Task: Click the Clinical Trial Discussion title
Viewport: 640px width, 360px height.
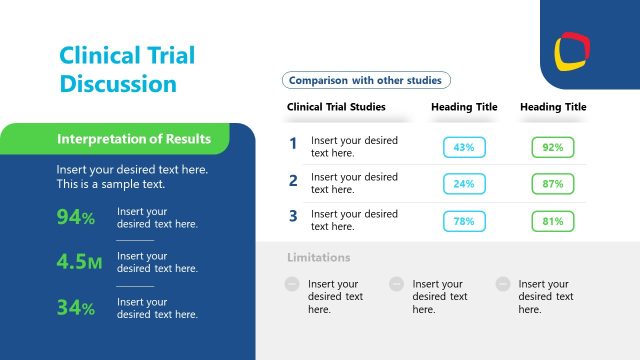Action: (127, 69)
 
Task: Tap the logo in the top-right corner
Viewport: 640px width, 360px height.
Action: (573, 48)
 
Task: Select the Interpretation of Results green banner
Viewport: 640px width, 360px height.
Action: (134, 139)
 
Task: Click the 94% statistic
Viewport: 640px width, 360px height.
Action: (76, 218)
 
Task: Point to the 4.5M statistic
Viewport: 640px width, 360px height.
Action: (80, 262)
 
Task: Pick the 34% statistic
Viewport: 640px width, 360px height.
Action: (76, 308)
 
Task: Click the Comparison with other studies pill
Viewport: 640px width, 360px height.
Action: (366, 80)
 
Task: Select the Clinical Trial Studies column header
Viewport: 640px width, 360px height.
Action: (336, 107)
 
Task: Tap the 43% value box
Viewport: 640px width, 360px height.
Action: (464, 147)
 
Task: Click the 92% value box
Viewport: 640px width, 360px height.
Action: (552, 147)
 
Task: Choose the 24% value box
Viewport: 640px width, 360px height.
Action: (464, 184)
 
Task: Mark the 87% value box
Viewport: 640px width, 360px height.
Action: (552, 184)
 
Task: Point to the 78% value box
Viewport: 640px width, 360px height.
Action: (464, 221)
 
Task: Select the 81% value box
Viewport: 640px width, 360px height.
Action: (552, 221)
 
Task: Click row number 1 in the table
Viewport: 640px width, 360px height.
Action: (293, 144)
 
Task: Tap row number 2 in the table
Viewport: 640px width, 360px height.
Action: (293, 181)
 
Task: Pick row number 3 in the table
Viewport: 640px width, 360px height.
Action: (293, 215)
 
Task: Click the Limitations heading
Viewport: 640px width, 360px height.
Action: (319, 258)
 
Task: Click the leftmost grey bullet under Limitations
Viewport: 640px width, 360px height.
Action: (292, 284)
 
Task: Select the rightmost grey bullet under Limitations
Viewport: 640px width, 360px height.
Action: (503, 284)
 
